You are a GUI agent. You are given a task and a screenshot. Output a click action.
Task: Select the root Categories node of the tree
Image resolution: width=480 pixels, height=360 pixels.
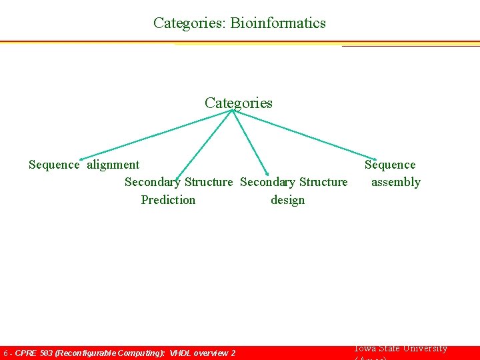pyautogui.click(x=238, y=103)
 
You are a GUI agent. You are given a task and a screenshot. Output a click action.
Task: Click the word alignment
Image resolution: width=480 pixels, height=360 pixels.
pyautogui.click(x=113, y=165)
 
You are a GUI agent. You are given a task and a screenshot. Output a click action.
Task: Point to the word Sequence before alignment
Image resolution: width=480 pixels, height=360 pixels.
pyautogui.click(x=54, y=165)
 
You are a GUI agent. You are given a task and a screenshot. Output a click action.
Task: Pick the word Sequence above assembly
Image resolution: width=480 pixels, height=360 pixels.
pyautogui.click(x=390, y=165)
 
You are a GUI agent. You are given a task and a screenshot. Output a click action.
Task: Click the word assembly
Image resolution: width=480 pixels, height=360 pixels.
pyautogui.click(x=396, y=182)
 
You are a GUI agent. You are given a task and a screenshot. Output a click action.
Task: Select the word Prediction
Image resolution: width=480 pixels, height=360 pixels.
pyautogui.click(x=168, y=200)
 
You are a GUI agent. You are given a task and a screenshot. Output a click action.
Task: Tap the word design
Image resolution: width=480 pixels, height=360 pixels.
pyautogui.click(x=287, y=200)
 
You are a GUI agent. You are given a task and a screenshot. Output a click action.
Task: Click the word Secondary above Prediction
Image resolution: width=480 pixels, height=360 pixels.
pyautogui.click(x=153, y=182)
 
